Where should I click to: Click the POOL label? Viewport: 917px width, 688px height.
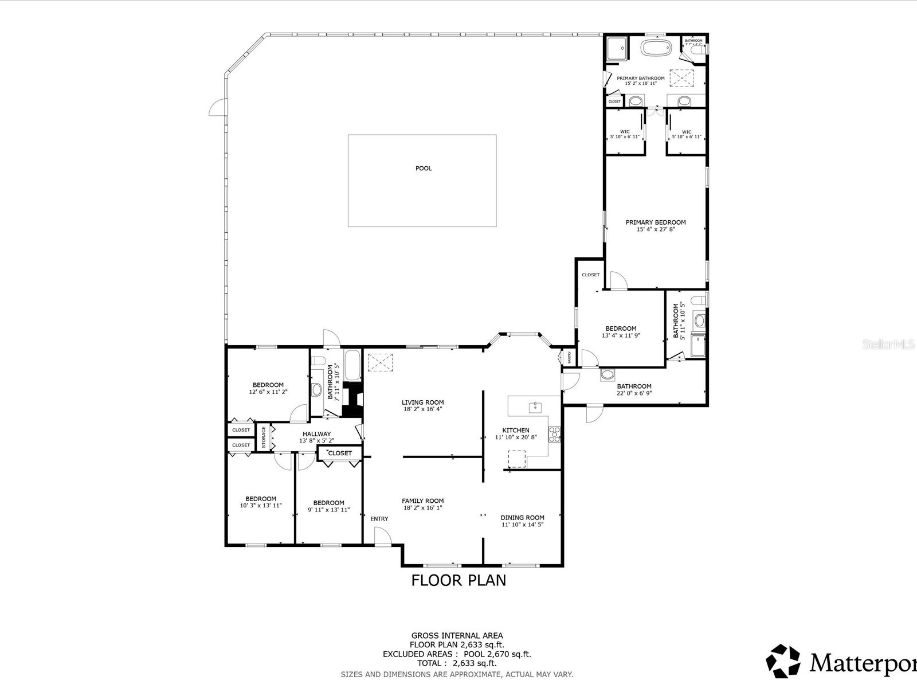(424, 169)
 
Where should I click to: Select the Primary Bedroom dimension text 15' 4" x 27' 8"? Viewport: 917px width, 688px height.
(656, 229)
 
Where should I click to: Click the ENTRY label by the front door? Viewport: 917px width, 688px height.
(379, 519)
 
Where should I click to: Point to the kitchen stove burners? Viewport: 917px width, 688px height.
(554, 435)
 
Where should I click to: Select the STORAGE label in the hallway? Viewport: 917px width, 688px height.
(264, 437)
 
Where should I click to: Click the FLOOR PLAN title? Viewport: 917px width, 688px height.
(458, 580)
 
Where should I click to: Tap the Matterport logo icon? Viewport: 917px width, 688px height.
(783, 660)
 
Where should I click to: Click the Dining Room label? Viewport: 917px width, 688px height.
(522, 518)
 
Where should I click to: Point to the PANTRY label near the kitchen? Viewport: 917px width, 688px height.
(569, 357)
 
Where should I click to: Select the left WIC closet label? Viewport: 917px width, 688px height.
(625, 132)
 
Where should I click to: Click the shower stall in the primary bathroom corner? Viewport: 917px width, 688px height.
(617, 48)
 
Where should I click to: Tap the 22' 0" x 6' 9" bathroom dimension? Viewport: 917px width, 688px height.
(634, 393)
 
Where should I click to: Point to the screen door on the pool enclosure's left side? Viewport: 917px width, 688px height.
(216, 107)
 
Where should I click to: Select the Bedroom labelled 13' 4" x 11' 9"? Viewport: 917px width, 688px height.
(621, 329)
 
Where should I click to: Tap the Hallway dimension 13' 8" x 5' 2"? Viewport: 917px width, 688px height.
(316, 441)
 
